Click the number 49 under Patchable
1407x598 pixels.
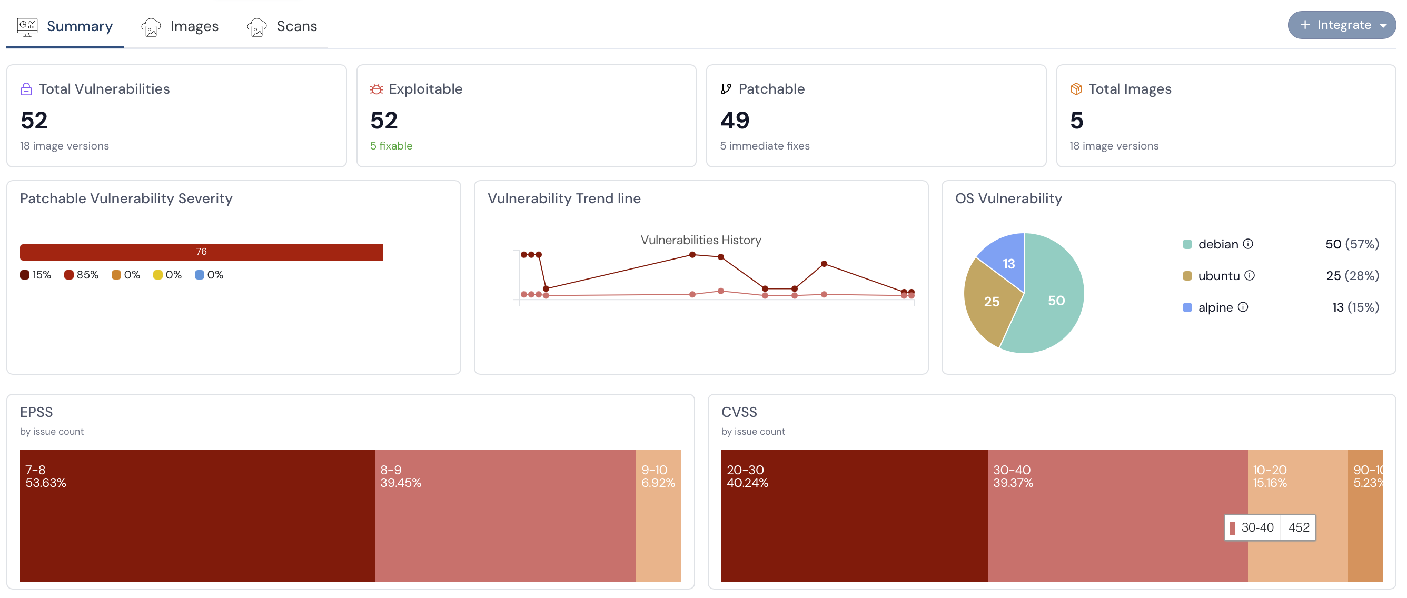[x=735, y=120]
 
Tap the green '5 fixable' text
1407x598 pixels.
[x=391, y=146]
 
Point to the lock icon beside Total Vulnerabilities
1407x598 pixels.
[x=26, y=89]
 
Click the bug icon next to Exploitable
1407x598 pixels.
[x=376, y=89]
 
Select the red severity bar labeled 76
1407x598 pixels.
[x=201, y=252]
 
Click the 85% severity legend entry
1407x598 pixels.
[x=82, y=275]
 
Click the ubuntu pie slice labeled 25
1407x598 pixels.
[x=990, y=303]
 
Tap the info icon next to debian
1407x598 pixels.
[x=1248, y=244]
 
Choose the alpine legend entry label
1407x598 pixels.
[x=1215, y=307]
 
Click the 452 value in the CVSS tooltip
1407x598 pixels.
[x=1299, y=527]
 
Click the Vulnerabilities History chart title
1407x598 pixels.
[x=700, y=240]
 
